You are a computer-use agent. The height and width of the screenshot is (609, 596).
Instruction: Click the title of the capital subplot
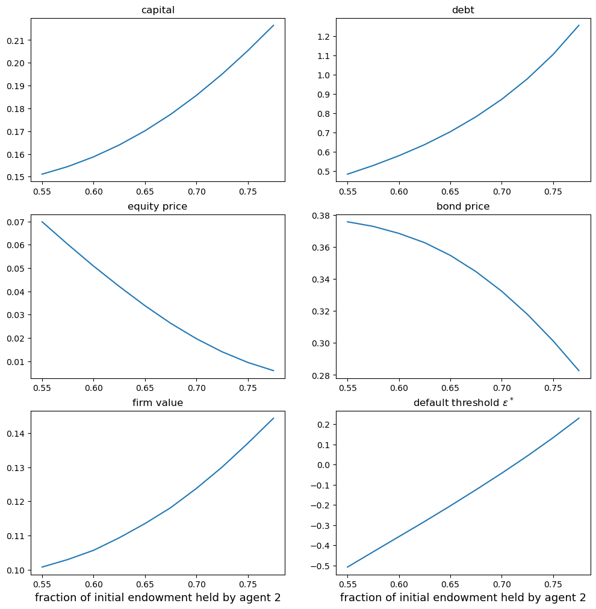coord(158,10)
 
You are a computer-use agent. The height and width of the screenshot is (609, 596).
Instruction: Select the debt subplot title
coord(462,10)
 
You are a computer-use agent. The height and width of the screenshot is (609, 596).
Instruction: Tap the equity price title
coord(158,207)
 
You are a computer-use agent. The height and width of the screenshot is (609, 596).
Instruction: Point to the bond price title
coord(462,207)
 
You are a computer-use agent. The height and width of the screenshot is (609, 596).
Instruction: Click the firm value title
coord(158,403)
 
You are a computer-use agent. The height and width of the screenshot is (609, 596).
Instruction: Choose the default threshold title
coord(462,402)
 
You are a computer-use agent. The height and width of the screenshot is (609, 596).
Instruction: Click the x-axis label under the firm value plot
coord(158,598)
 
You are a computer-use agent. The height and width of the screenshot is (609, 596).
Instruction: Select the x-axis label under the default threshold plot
coord(462,598)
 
